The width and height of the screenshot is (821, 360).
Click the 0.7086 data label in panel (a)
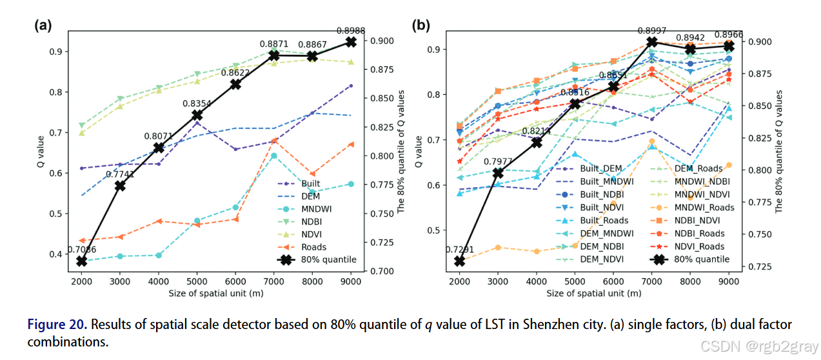click(x=81, y=250)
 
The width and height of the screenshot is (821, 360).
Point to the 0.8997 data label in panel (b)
click(x=652, y=30)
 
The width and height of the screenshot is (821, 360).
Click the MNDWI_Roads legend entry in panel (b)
click(x=703, y=207)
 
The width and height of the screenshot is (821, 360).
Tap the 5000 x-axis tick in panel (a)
click(x=197, y=281)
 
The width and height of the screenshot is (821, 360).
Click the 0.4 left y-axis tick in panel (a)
click(x=57, y=254)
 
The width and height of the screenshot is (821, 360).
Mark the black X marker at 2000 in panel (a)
click(x=82, y=261)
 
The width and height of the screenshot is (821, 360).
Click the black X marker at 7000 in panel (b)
click(x=652, y=42)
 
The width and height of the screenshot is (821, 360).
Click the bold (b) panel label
click(x=420, y=25)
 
